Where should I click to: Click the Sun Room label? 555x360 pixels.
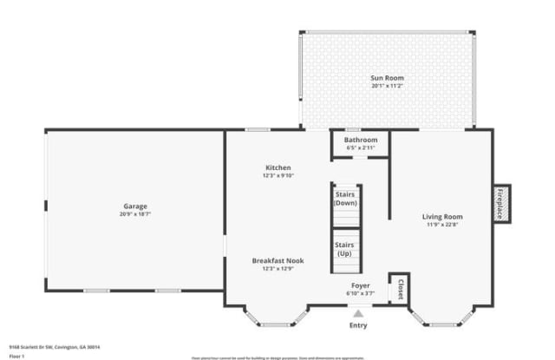click(388, 78)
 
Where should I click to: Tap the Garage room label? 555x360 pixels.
click(135, 206)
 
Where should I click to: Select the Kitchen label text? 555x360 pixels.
click(278, 167)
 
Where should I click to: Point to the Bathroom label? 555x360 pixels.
click(361, 140)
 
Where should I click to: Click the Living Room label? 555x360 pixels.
click(442, 217)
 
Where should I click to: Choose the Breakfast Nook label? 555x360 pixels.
click(278, 260)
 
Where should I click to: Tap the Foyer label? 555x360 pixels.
click(361, 285)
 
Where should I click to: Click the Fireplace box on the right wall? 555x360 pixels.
click(500, 205)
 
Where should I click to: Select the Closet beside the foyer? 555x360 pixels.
click(401, 288)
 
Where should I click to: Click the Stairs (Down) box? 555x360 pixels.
click(346, 199)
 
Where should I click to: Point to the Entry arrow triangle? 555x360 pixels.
click(358, 314)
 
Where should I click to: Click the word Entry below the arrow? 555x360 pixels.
click(358, 326)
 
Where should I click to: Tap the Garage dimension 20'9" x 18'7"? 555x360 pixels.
click(135, 213)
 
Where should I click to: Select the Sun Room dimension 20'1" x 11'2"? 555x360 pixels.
click(388, 86)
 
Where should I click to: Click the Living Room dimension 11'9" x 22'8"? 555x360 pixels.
click(442, 225)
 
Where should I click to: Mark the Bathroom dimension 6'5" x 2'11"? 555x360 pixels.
click(361, 147)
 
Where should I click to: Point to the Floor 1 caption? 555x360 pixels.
click(17, 356)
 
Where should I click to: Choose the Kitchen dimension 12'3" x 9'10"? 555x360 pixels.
click(278, 175)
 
